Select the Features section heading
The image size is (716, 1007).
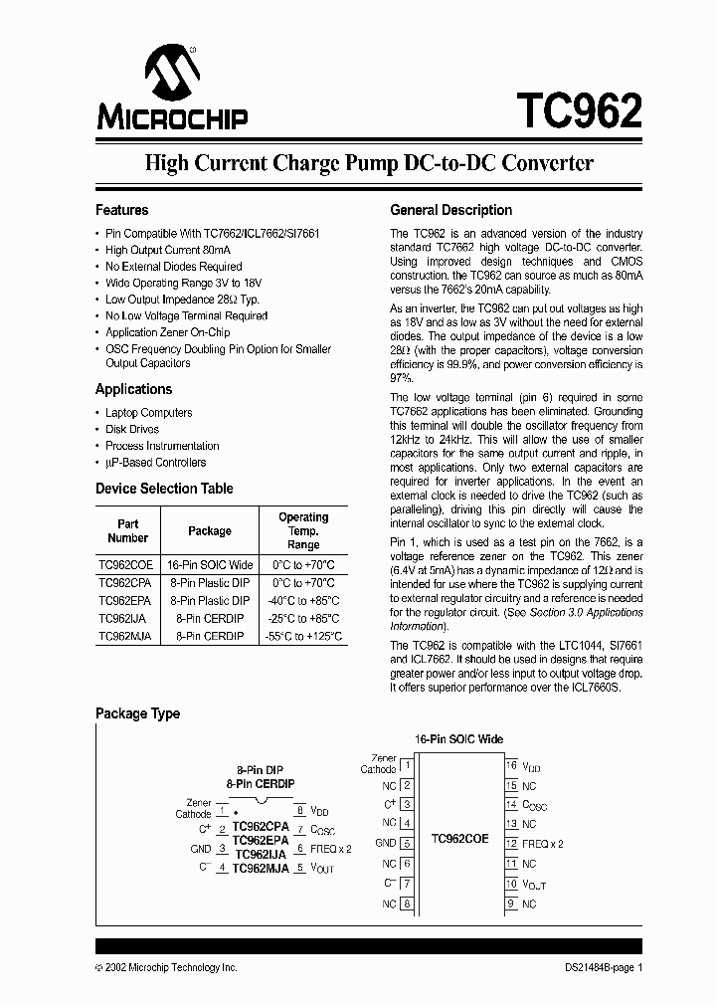point(122,210)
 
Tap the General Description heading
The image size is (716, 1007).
point(450,210)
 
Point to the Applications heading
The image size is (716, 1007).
point(133,389)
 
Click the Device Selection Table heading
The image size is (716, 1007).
point(164,489)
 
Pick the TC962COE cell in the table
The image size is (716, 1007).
point(127,563)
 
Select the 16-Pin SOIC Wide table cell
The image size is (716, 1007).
point(210,563)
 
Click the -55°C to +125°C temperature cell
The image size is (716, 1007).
point(302,636)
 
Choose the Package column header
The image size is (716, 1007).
point(210,531)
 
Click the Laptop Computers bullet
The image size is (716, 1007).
point(149,413)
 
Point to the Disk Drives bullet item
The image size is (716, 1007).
point(132,430)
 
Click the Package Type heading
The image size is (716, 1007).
point(137,713)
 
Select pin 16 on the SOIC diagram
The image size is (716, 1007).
point(511,765)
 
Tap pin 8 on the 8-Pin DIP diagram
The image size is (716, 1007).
point(299,810)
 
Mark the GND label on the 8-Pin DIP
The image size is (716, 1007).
point(200,849)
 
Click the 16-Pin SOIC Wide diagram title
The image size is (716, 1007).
point(459,739)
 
